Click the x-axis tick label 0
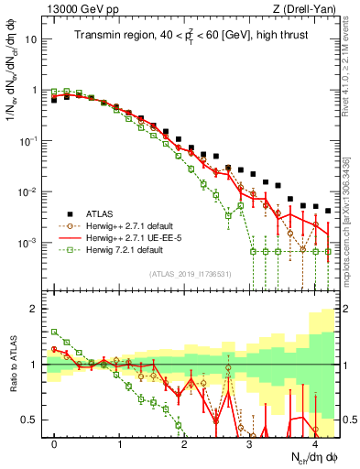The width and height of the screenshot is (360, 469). (55, 442)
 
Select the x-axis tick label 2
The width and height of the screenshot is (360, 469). (185, 442)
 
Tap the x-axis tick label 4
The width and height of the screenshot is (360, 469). (315, 442)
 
